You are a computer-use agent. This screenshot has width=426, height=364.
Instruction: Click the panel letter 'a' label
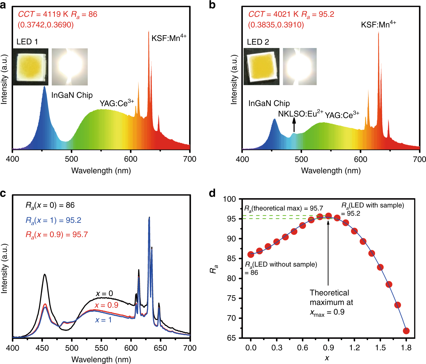[3, 5]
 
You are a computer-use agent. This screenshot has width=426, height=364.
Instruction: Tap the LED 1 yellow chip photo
[30, 67]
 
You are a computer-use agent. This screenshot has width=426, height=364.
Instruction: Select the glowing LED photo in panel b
[300, 67]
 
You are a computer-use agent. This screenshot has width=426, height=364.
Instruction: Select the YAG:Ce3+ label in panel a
[117, 103]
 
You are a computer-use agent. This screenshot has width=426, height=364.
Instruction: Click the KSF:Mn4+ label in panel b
[378, 24]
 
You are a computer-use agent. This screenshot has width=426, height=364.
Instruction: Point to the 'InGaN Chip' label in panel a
[72, 95]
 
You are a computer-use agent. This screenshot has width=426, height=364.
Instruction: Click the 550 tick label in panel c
[101, 348]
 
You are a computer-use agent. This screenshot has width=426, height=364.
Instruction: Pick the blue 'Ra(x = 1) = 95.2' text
[53, 220]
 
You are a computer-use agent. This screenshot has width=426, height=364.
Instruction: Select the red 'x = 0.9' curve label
[106, 305]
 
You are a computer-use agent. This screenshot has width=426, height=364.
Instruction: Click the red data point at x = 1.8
[406, 331]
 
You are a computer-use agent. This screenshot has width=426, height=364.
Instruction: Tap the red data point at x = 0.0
[251, 254]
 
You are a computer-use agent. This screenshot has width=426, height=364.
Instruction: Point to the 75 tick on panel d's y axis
[231, 298]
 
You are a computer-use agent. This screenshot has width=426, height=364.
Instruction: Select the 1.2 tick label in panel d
[354, 348]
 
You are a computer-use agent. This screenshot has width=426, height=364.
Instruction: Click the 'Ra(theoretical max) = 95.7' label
[284, 209]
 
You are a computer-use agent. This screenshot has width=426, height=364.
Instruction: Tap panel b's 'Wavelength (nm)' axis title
[331, 171]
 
